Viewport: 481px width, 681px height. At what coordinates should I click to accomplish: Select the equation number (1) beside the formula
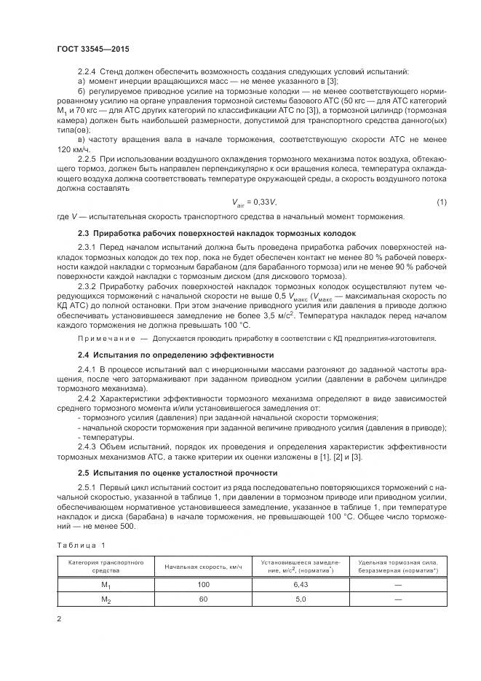click(441, 201)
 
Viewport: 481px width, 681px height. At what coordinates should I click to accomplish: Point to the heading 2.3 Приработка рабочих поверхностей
click(217, 233)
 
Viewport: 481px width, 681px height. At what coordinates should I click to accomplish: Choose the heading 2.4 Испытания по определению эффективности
click(175, 354)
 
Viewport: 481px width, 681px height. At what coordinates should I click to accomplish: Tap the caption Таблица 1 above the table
click(81, 544)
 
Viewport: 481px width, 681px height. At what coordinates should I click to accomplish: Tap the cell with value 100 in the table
click(203, 584)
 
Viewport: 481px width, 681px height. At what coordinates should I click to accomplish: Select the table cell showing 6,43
click(301, 584)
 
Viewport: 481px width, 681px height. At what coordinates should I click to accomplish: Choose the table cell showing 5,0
click(301, 599)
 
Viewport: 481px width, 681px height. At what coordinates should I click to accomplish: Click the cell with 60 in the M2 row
click(203, 599)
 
